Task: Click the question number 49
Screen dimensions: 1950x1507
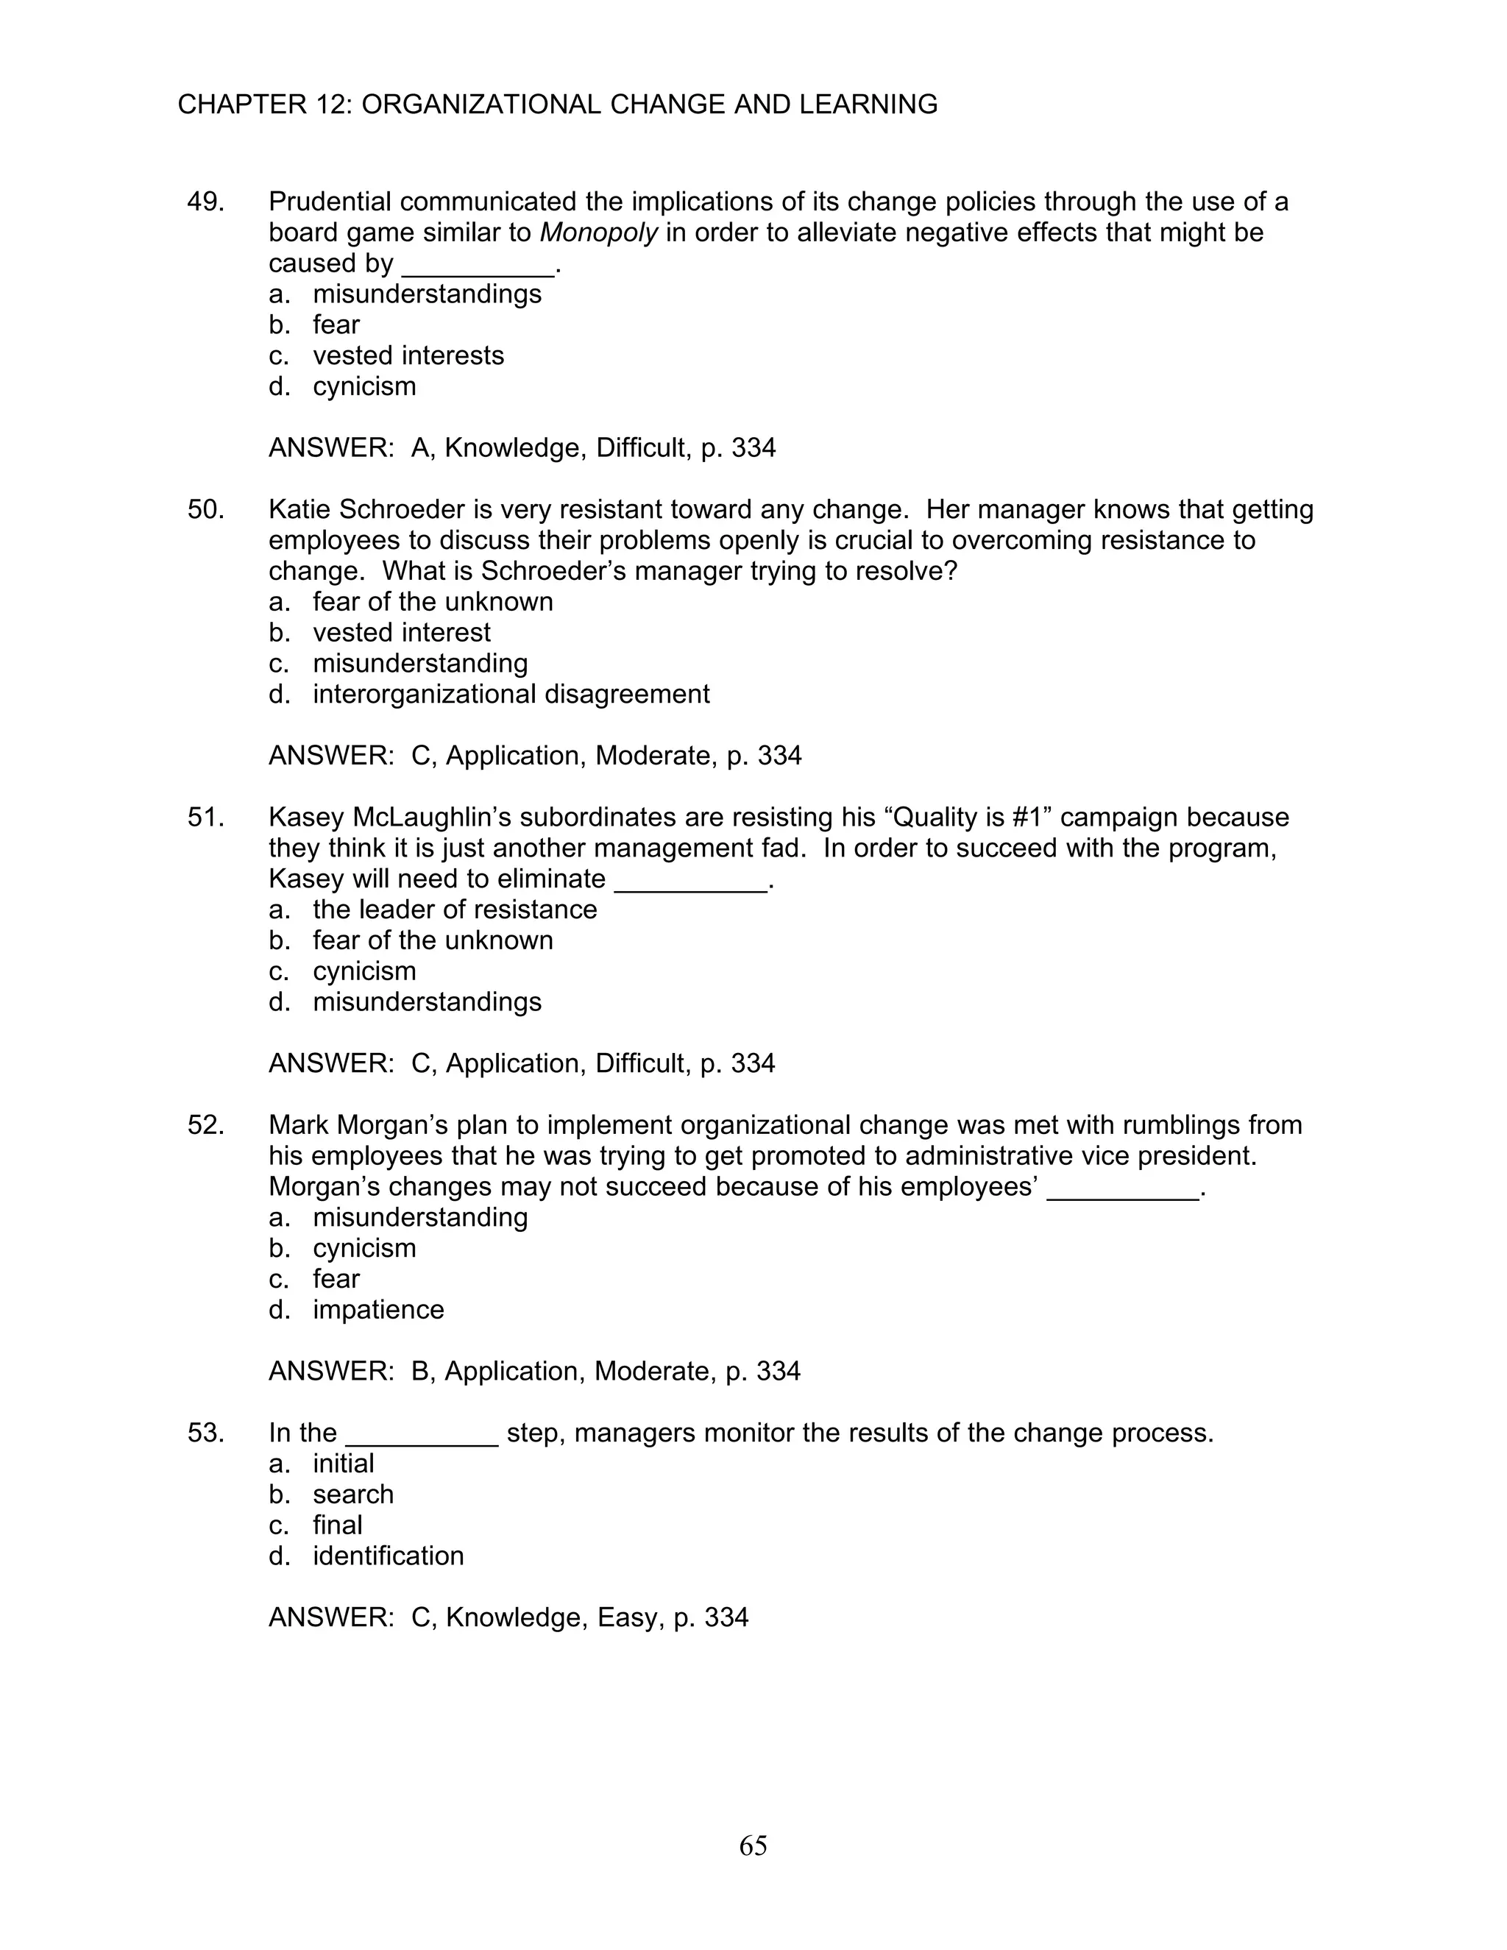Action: point(205,202)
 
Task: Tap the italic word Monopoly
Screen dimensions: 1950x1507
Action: point(599,233)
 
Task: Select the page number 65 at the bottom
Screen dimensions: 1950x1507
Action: point(753,1845)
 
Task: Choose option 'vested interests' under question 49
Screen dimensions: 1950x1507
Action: point(408,355)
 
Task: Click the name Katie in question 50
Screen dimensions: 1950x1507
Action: point(300,510)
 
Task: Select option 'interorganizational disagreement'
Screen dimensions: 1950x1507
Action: point(511,694)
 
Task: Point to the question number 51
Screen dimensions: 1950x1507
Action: point(205,818)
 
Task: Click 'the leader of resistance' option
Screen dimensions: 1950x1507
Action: point(455,910)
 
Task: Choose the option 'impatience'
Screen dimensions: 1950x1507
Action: point(377,1310)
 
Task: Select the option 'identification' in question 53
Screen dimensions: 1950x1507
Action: point(388,1556)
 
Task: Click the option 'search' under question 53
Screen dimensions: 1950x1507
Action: point(352,1495)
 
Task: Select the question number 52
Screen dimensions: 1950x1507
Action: point(205,1125)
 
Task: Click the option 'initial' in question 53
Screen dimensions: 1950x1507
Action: point(343,1464)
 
